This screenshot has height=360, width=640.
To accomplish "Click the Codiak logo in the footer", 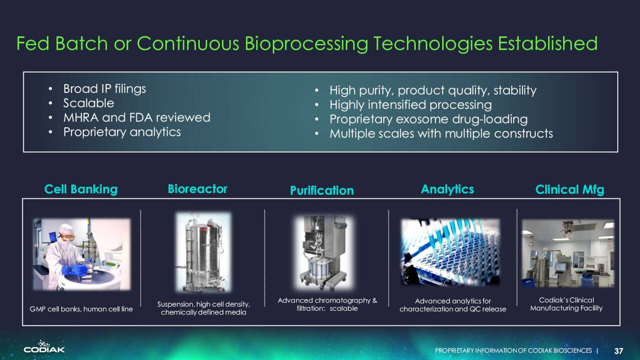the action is pos(44,347).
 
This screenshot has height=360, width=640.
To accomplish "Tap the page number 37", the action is pos(619,351).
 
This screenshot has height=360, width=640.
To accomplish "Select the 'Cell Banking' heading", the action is pos(81,189).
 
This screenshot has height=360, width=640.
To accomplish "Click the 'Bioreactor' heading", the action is pos(197,189).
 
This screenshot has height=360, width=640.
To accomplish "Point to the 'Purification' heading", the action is pos(321,190).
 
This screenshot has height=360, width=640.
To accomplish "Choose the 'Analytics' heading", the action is pos(447,189).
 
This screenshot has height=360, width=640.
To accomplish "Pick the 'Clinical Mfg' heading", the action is pos(569,189).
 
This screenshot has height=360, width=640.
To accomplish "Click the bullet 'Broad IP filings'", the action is pos(104,89).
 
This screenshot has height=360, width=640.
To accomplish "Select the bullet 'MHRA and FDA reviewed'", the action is pos(137,117).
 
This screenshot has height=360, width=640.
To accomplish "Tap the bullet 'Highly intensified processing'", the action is pos(410,104).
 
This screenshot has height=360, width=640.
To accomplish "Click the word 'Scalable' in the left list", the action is pos(88,103).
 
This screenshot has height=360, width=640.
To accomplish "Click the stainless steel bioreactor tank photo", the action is pos(203,252).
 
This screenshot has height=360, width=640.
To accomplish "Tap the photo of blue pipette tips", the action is pos(450,252).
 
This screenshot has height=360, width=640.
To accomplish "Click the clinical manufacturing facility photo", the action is pos(568,253).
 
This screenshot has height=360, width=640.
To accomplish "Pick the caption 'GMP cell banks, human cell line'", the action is pos(81,309).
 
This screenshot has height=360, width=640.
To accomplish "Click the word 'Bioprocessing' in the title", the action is pos(306,43).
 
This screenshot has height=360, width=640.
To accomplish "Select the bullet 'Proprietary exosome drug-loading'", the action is pos(428,119).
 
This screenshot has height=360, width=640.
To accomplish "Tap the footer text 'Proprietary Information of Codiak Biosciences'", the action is pos(513,350).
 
